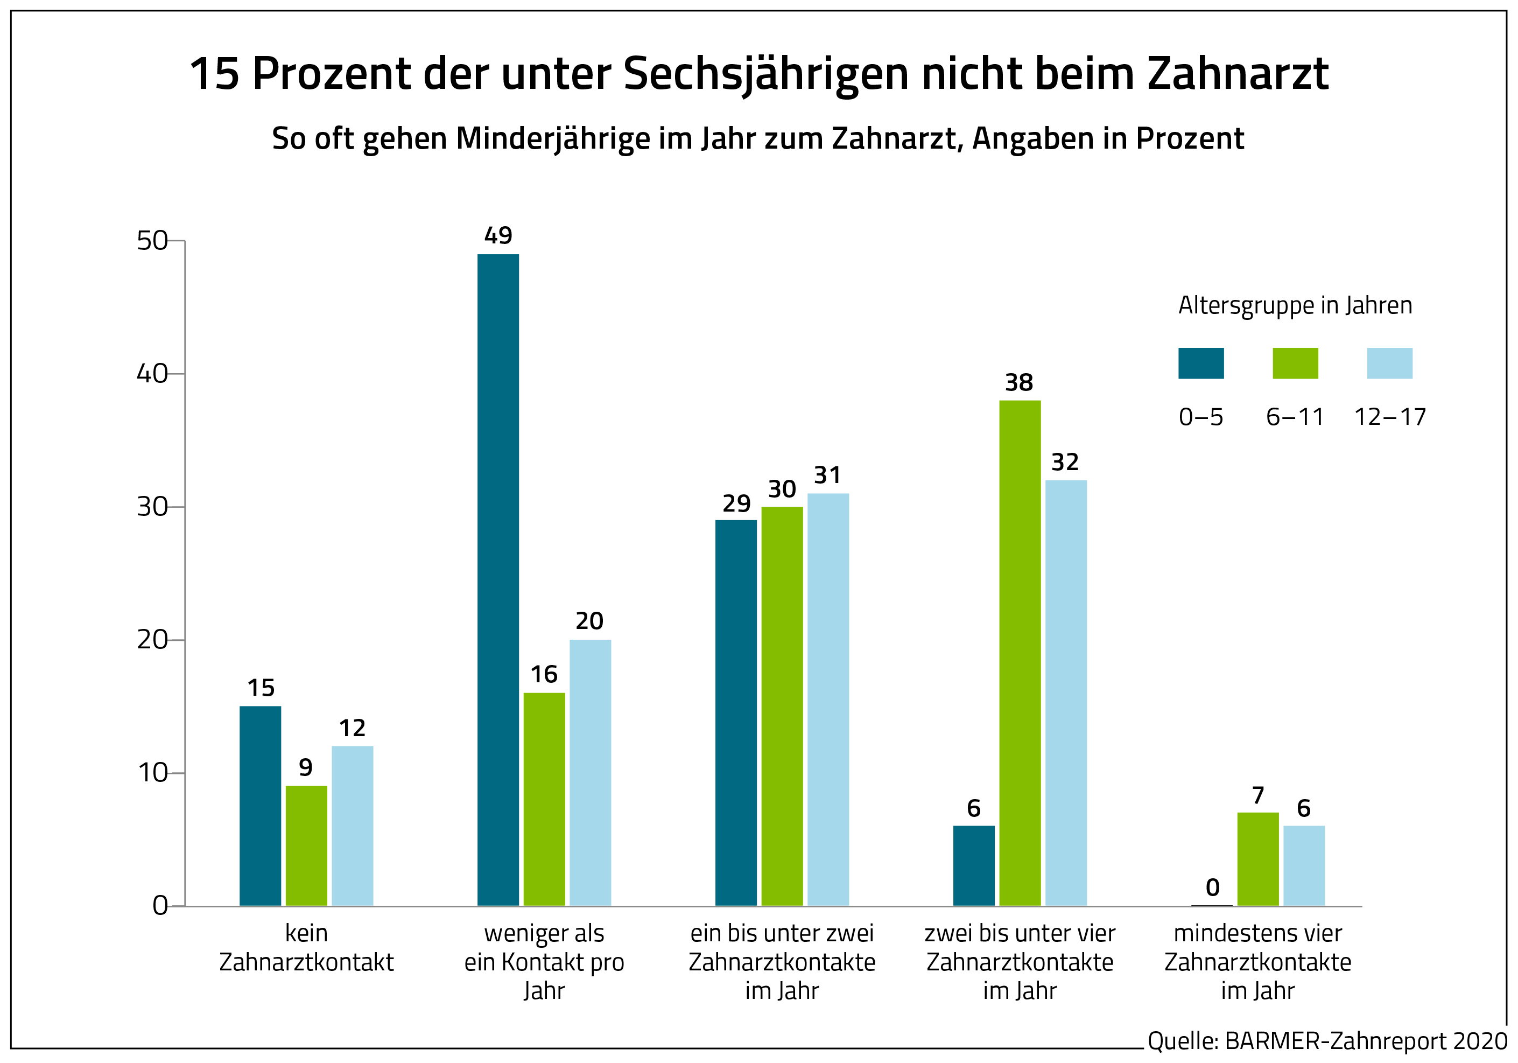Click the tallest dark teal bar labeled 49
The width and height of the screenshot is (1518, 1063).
[498, 579]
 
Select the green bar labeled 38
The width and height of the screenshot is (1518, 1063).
[1020, 653]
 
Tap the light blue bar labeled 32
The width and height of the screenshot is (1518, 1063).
[1066, 693]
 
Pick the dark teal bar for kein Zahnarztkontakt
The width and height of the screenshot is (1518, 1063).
[260, 806]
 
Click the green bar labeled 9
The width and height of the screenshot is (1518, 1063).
[306, 845]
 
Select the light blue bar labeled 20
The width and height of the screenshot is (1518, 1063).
[590, 772]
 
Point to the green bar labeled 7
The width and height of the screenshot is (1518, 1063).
[1257, 858]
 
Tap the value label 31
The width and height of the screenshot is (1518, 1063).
[827, 475]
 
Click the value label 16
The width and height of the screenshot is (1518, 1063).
[544, 674]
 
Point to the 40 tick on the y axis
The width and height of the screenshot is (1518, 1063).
[152, 374]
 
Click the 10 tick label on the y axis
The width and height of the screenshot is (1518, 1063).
[152, 773]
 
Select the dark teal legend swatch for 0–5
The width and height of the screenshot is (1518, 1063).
[1200, 363]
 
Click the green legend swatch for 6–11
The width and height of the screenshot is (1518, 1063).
[1295, 363]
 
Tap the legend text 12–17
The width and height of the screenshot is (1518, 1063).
[1390, 417]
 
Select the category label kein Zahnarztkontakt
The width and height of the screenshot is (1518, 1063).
[306, 947]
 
